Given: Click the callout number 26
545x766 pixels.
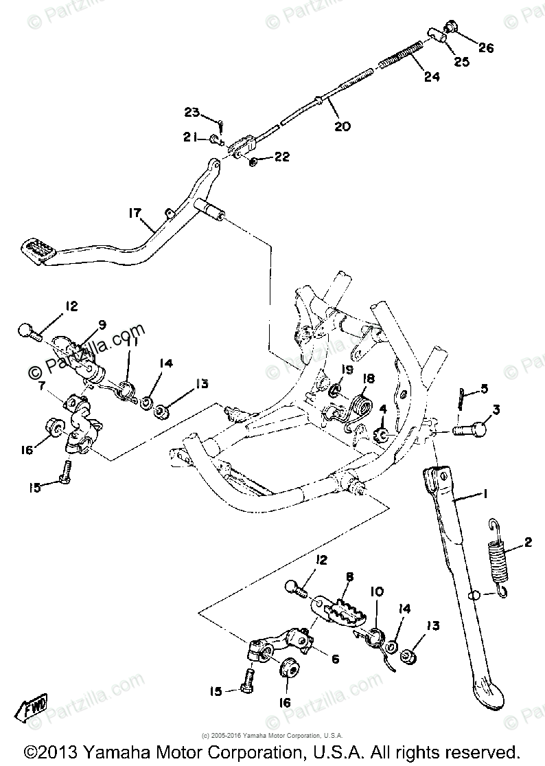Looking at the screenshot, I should click(x=487, y=47).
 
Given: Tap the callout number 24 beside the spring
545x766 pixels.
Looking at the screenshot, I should click(x=431, y=77).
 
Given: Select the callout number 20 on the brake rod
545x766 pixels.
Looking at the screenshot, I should click(x=342, y=126).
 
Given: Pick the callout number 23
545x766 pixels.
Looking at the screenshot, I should click(x=191, y=113).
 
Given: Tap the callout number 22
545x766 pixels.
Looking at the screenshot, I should click(x=281, y=157).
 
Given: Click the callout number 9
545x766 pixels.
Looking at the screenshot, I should click(x=102, y=324).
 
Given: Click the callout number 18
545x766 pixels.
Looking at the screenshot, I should click(x=369, y=379).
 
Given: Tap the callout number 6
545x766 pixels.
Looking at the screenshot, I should click(x=335, y=658).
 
